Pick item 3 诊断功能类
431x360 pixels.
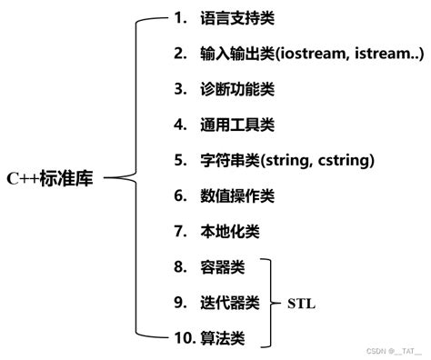pos(233,89)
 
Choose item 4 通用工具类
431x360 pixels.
pos(233,125)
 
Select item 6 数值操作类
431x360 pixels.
pos(233,195)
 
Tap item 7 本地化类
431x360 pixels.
pos(225,231)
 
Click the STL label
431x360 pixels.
pos(303,302)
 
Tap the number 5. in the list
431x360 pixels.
pos(179,161)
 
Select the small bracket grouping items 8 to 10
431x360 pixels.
pos(269,302)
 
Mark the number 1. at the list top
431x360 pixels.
pos(179,19)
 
